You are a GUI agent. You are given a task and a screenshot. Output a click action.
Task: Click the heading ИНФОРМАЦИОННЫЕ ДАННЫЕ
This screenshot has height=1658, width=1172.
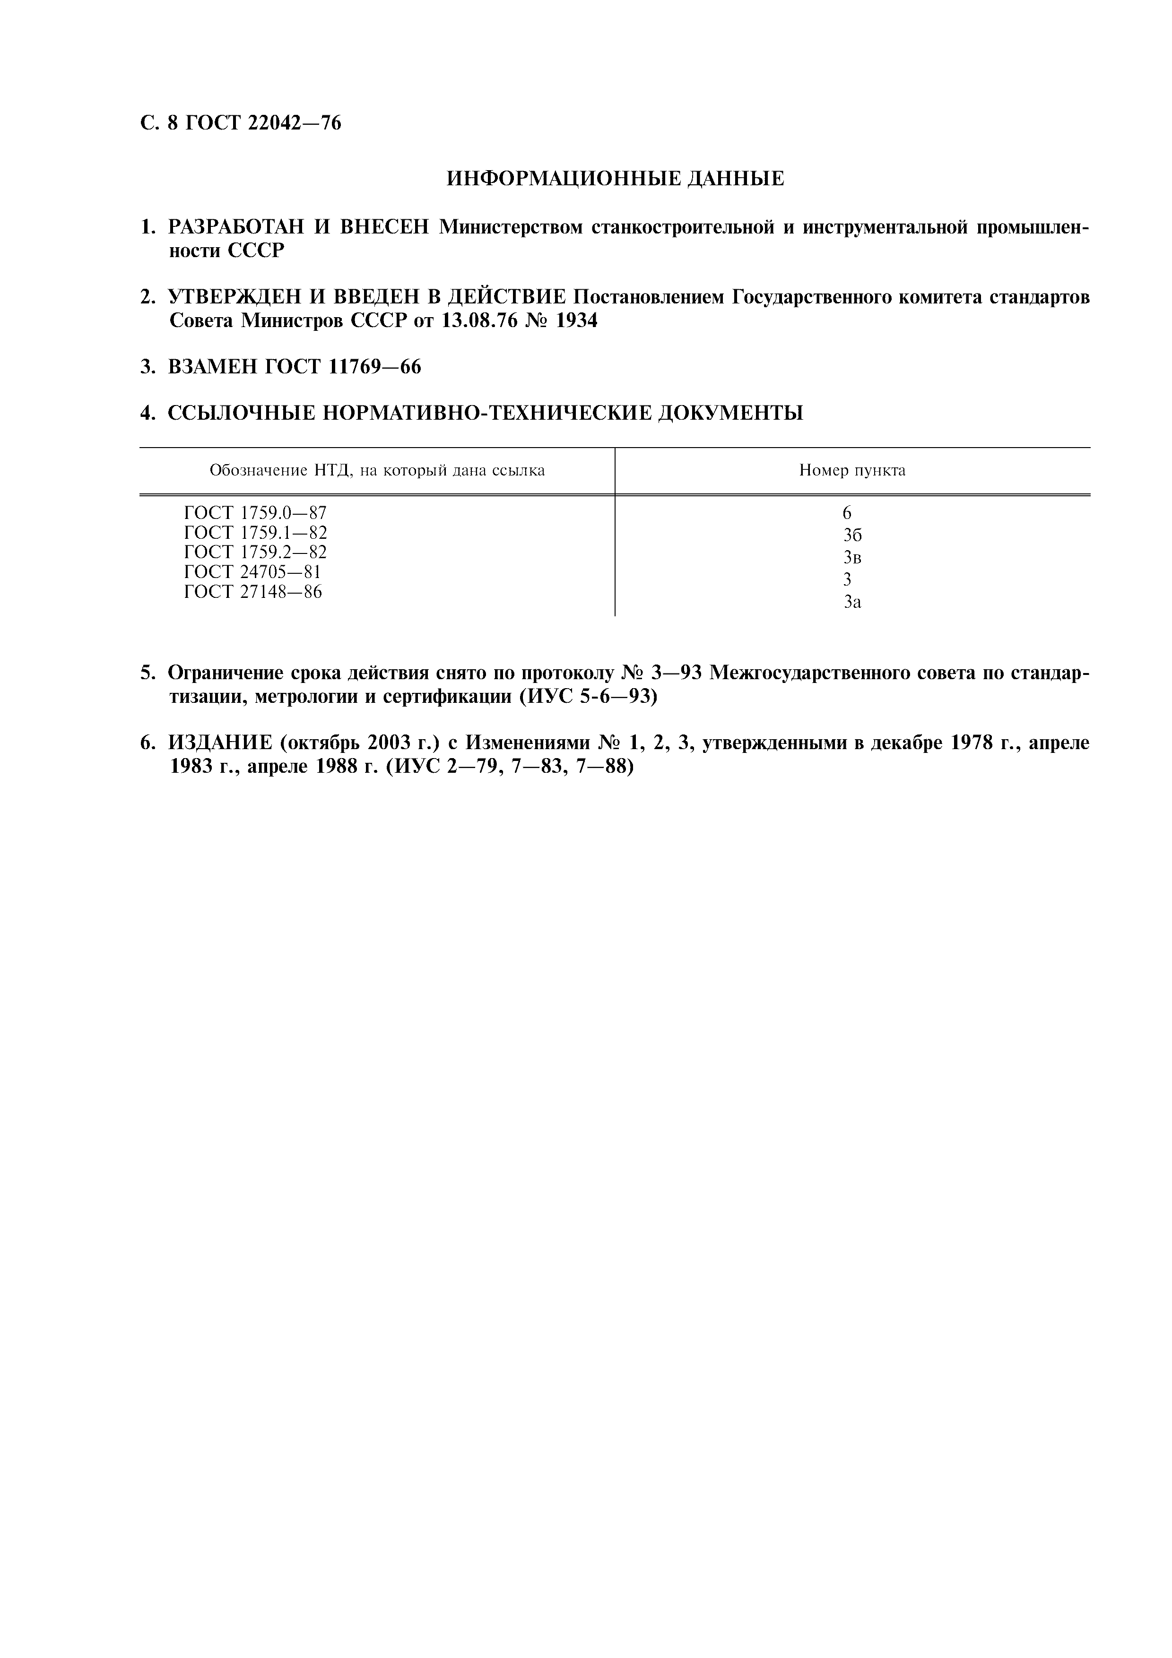615,178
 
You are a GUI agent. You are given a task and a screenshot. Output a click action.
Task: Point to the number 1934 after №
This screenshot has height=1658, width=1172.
575,320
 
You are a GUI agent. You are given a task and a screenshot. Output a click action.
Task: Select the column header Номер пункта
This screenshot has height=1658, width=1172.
852,471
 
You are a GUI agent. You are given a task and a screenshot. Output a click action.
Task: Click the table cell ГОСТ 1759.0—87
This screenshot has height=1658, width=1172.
256,513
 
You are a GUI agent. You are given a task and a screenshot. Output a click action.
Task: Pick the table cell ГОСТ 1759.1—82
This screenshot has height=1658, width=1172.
256,533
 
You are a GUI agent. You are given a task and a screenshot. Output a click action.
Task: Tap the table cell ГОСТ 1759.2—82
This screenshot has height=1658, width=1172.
256,553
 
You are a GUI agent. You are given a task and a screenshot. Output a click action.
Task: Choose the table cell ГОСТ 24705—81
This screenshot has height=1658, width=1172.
253,572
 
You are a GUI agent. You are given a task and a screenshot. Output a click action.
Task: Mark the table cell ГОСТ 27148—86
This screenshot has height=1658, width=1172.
253,592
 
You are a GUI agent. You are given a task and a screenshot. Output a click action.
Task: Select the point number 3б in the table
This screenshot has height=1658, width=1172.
852,535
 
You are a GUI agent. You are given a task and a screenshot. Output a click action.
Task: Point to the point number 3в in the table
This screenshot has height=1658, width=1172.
852,558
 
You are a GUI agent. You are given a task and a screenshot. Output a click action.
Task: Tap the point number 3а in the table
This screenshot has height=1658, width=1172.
852,602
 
